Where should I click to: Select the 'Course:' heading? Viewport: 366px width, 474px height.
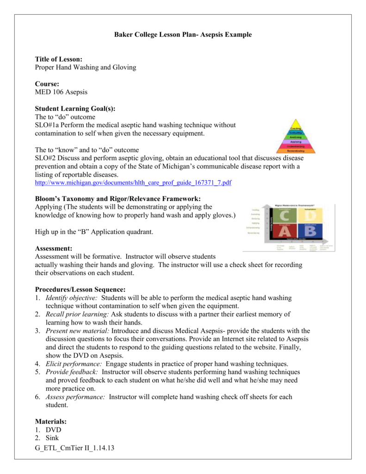point(47,84)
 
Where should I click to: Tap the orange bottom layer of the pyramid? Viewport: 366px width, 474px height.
point(296,151)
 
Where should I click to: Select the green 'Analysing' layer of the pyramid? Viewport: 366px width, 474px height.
point(296,137)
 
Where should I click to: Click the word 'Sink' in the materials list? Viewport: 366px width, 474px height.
point(52,438)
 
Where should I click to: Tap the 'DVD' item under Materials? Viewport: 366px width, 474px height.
point(53,430)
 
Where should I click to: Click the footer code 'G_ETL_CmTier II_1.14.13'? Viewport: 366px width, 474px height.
point(74,449)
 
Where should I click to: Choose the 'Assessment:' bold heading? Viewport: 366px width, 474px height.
point(53,249)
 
